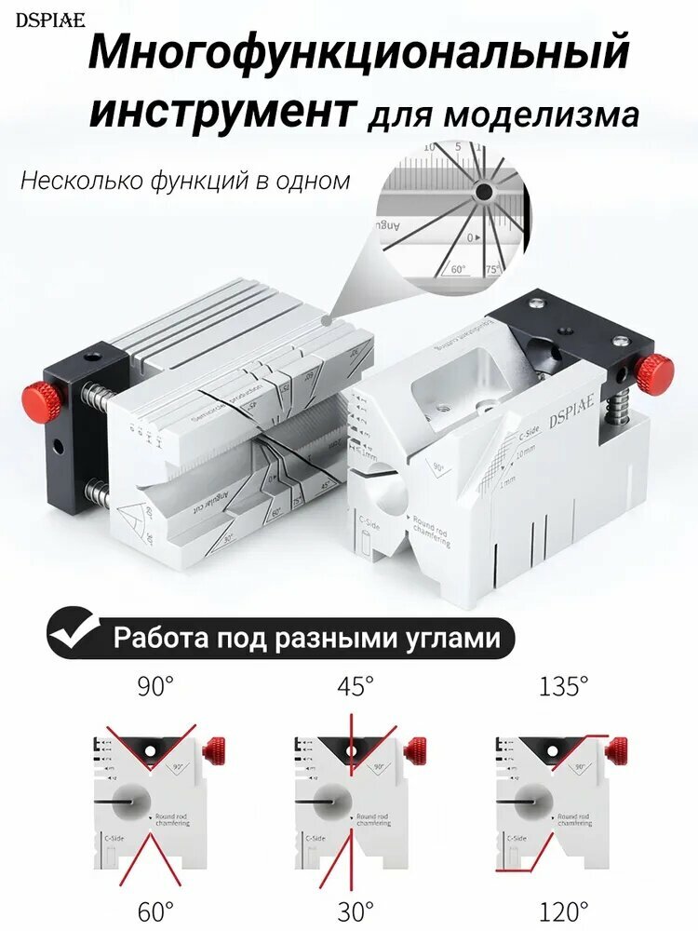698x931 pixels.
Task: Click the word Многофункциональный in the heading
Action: pyautogui.click(x=359, y=54)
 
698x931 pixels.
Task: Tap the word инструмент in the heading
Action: pyautogui.click(x=222, y=111)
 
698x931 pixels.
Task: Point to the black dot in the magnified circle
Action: pyautogui.click(x=483, y=193)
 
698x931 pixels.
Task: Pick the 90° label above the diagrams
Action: pyautogui.click(x=155, y=687)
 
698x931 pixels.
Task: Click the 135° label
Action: pyautogui.click(x=563, y=687)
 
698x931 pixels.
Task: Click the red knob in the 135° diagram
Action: pyautogui.click(x=616, y=747)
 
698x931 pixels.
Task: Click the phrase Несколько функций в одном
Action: pyautogui.click(x=185, y=180)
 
